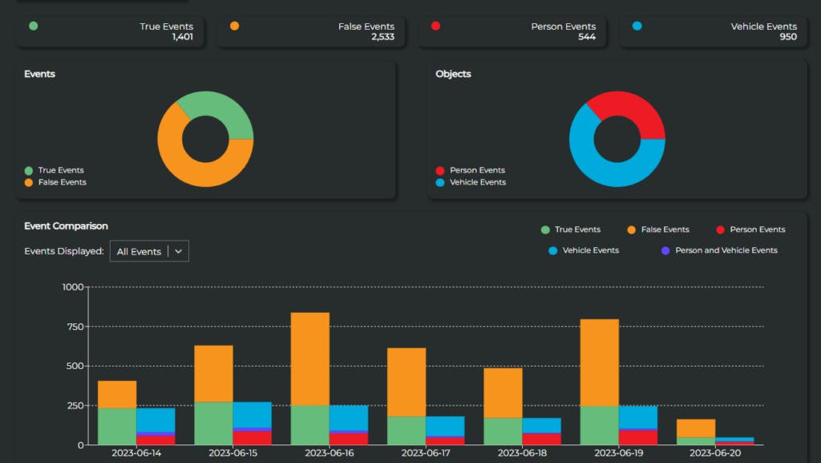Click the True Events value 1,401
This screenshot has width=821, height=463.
coord(182,37)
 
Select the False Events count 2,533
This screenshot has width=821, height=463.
coord(382,37)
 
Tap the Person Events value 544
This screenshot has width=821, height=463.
coord(586,37)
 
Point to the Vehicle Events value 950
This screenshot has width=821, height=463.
coord(787,37)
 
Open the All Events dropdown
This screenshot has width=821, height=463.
coord(149,251)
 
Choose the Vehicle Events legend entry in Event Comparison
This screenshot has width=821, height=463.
coord(590,250)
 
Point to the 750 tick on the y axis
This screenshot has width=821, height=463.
coord(73,327)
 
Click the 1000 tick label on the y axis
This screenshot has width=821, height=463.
coord(72,287)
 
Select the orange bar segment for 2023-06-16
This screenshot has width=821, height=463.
coord(309,359)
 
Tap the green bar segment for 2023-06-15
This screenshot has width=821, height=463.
coord(213,423)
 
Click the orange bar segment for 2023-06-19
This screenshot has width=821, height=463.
coord(599,363)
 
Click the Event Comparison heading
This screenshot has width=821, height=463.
coord(66,226)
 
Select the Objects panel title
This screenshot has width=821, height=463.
coord(453,74)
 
